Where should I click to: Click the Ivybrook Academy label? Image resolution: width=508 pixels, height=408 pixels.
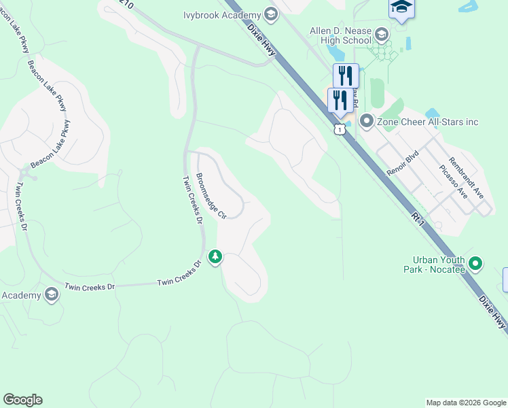[x=222, y=15]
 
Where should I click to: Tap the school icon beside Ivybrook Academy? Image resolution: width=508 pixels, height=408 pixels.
[x=271, y=15]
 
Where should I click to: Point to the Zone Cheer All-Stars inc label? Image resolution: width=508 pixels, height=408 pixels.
[x=428, y=122]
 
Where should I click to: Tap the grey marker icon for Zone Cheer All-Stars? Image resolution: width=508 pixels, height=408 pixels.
[x=367, y=122]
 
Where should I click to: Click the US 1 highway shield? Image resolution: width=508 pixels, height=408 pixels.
[x=340, y=129]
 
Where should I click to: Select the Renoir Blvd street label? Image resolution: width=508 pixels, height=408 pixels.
[x=401, y=161]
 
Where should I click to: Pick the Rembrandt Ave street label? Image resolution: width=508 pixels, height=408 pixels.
[x=469, y=176]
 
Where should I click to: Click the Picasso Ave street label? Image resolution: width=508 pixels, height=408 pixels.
[x=453, y=182]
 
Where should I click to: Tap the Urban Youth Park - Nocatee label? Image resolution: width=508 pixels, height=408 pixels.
[x=439, y=265]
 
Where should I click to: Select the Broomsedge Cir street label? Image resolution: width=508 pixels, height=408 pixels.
[x=211, y=196]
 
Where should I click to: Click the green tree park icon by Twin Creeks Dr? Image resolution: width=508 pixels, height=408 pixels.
[x=215, y=256]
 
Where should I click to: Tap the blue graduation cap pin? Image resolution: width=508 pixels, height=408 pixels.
[x=401, y=7]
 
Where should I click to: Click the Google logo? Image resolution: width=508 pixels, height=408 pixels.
[x=22, y=400]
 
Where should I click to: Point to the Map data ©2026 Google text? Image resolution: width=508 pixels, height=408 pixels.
[x=466, y=403]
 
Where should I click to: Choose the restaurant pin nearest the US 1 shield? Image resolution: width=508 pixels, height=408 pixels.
[x=340, y=101]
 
